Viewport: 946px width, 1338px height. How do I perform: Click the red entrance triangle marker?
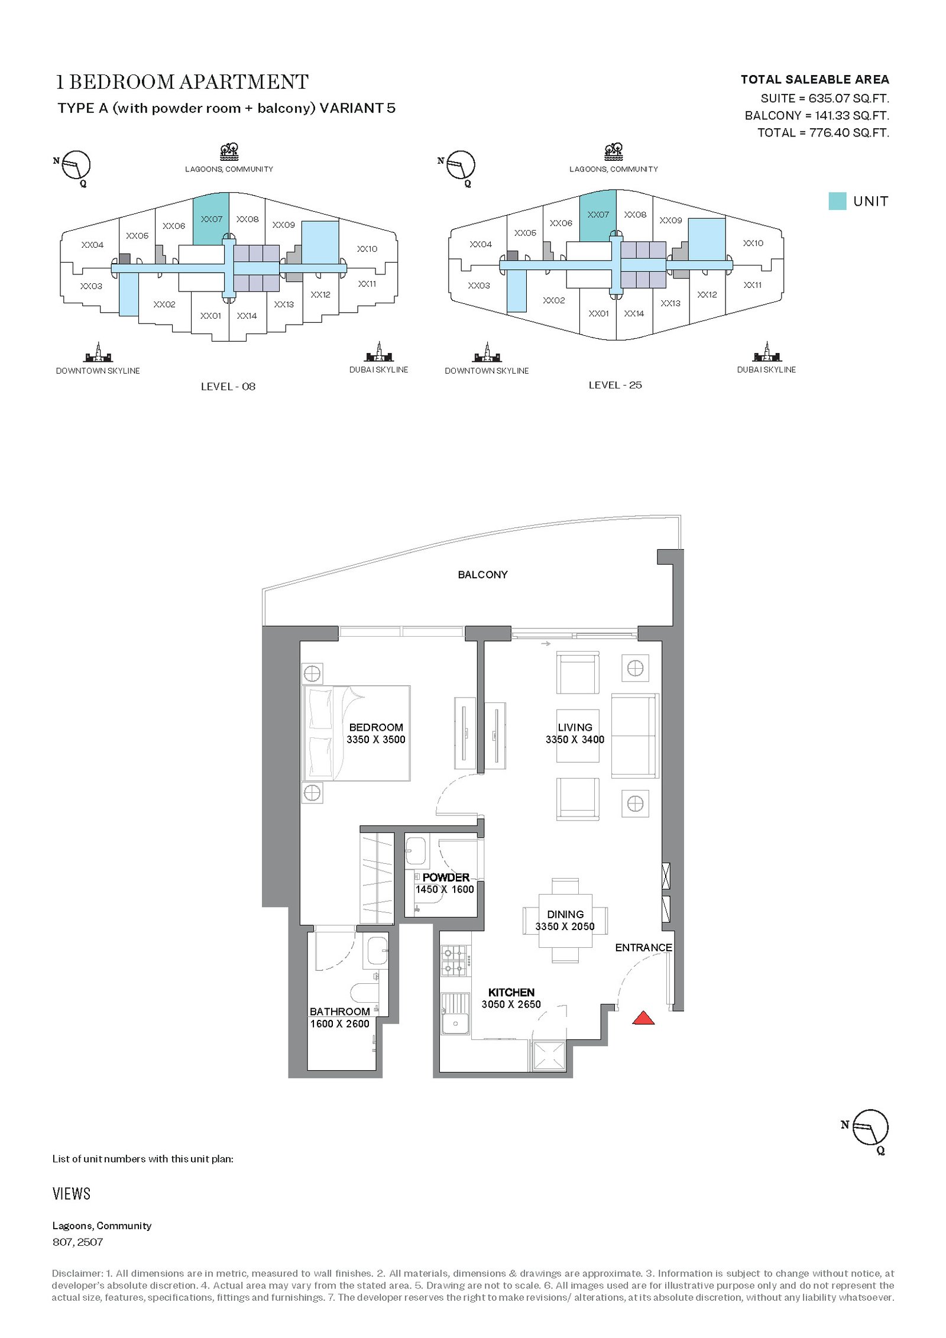pyautogui.click(x=643, y=1018)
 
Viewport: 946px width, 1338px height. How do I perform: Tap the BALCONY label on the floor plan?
pyautogui.click(x=482, y=575)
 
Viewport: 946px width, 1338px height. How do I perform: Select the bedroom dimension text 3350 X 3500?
pyautogui.click(x=376, y=740)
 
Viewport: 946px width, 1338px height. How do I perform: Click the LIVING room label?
pyautogui.click(x=575, y=727)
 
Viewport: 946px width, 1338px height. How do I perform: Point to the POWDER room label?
pyautogui.click(x=446, y=877)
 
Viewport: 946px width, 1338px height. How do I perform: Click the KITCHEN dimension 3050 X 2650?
pyautogui.click(x=511, y=1005)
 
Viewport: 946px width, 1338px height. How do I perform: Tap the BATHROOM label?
pyautogui.click(x=340, y=1012)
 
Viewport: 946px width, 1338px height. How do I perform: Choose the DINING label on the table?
pyautogui.click(x=565, y=914)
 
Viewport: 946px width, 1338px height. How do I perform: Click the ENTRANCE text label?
pyautogui.click(x=643, y=948)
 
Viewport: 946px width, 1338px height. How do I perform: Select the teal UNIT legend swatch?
pyautogui.click(x=837, y=201)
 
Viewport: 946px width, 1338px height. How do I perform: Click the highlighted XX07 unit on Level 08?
pyautogui.click(x=211, y=219)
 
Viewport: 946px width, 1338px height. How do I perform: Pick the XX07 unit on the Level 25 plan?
pyautogui.click(x=598, y=215)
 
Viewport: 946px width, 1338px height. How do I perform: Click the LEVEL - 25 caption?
pyautogui.click(x=615, y=385)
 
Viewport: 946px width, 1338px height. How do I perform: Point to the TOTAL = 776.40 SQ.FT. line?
pyautogui.click(x=823, y=132)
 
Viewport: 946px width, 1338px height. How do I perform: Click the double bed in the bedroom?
pyautogui.click(x=357, y=733)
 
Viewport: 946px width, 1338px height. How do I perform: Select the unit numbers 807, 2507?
pyautogui.click(x=77, y=1242)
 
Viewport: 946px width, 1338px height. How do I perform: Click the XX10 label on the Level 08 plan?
pyautogui.click(x=367, y=249)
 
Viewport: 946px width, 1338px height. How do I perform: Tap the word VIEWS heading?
pyautogui.click(x=72, y=1194)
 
